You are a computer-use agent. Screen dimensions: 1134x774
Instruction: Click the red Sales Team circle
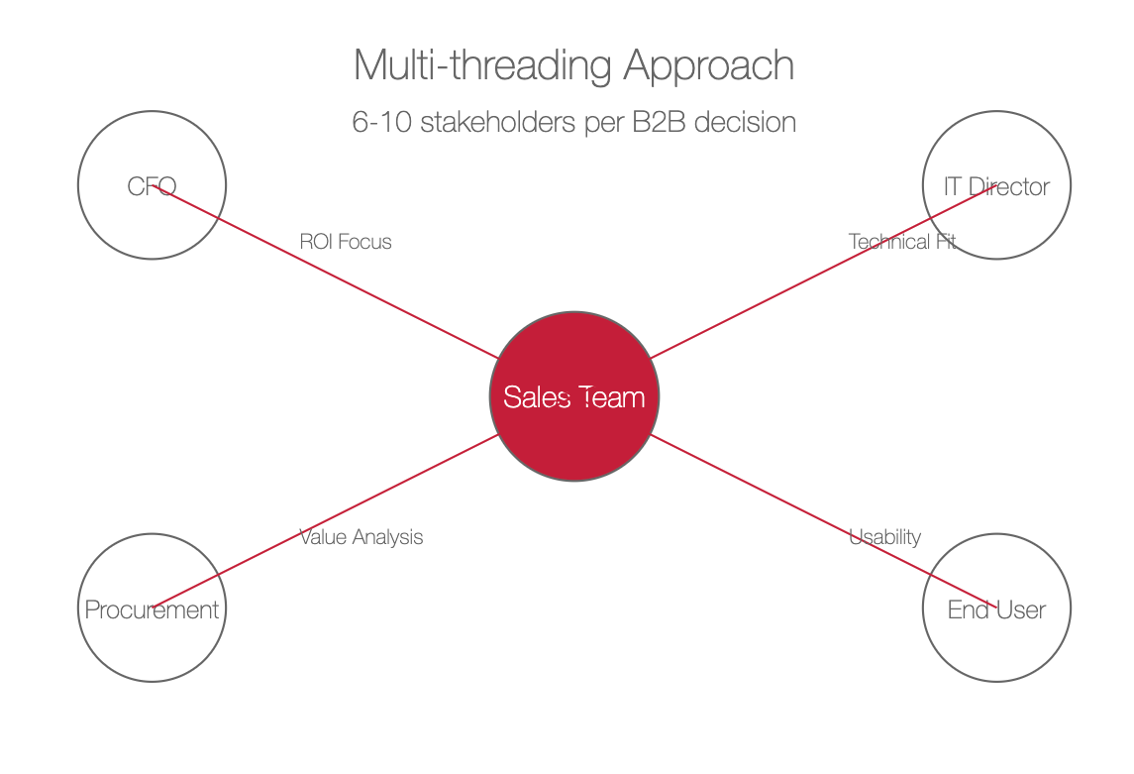574,396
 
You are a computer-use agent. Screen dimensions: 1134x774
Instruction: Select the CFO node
152,185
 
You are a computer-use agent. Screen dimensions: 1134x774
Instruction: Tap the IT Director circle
996,185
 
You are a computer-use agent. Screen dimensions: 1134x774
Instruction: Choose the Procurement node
152,608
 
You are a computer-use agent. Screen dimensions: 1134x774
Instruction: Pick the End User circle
996,608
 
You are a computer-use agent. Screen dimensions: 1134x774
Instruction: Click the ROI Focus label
346,242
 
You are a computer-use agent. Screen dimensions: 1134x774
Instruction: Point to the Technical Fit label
902,242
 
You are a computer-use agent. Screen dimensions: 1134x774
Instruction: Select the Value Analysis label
361,537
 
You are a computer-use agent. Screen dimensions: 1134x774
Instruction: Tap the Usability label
884,537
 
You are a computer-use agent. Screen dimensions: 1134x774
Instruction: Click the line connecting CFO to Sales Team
325,272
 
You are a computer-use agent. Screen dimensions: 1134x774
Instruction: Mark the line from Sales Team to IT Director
824,272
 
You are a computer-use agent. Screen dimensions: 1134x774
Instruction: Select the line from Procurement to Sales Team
325,521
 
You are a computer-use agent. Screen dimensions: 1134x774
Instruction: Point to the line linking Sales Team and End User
824,521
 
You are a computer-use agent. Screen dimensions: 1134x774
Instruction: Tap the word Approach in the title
709,65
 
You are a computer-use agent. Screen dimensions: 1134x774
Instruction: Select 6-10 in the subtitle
382,122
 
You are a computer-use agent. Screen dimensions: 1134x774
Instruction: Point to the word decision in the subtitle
745,122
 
